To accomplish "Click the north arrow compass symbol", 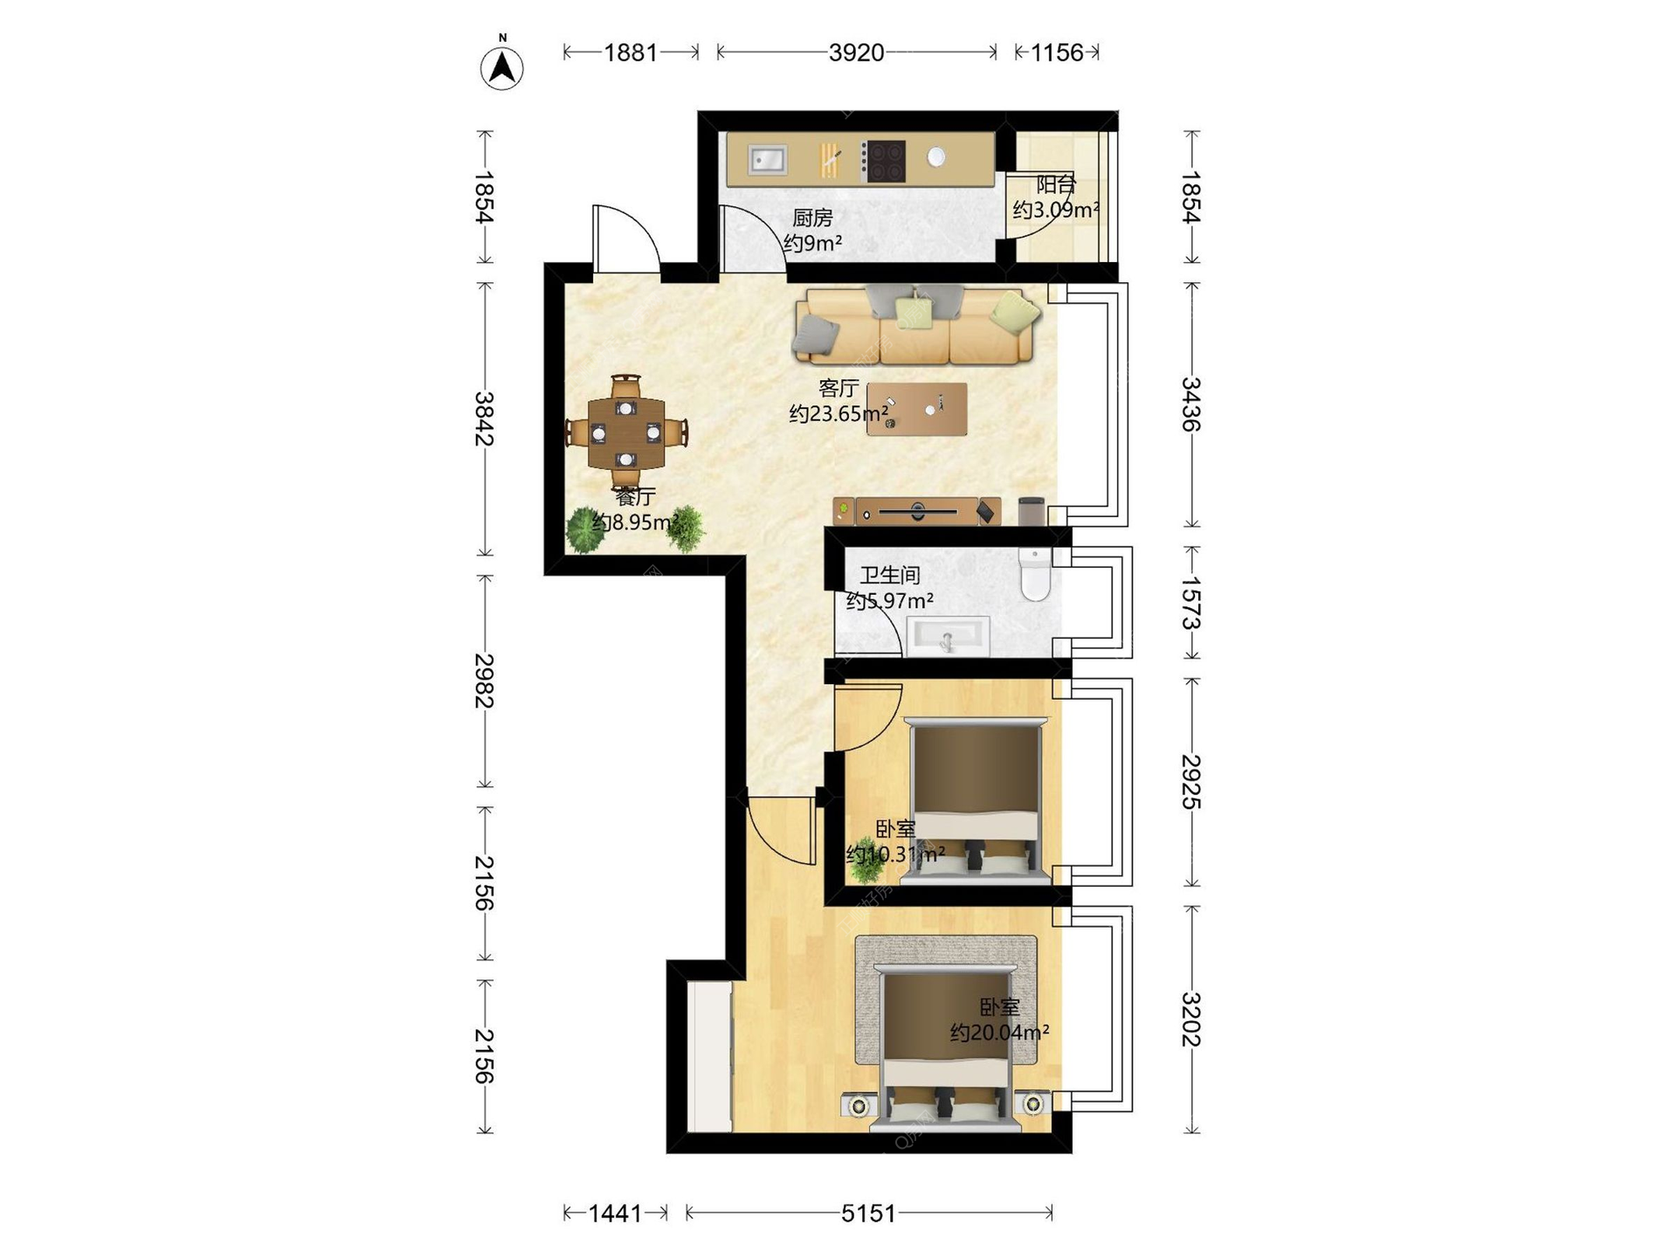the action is [x=502, y=66].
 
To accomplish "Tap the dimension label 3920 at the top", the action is [x=856, y=52].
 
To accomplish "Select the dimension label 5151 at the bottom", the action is [x=868, y=1213].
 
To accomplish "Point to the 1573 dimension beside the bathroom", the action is [x=1191, y=603].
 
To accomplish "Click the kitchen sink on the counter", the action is [x=769, y=160].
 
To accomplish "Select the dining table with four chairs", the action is [x=625, y=432].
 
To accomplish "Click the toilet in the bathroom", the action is [x=1035, y=575].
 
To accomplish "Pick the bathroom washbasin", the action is [x=948, y=635].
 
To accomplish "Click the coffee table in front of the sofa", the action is [x=917, y=409].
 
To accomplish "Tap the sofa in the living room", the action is [x=915, y=325].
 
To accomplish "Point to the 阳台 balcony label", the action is [x=1056, y=185].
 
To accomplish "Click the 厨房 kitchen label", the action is [x=812, y=218].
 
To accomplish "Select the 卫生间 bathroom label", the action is [x=890, y=575].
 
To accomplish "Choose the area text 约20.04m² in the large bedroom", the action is [x=999, y=1033].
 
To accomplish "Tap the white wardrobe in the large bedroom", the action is [x=709, y=1056].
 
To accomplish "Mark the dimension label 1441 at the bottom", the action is [x=615, y=1213].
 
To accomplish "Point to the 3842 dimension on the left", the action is [x=484, y=419].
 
